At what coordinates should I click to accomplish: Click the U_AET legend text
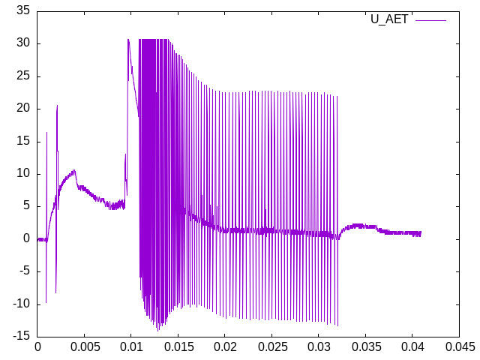389,19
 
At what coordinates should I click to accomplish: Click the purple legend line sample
430,20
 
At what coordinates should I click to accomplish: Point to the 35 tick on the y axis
22,10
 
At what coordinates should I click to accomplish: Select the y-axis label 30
22,43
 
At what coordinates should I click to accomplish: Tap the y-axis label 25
22,76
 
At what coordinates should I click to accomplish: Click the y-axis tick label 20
22,108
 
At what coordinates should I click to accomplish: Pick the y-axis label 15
22,141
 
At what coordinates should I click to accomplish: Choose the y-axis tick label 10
22,173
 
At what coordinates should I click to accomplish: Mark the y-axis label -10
20,304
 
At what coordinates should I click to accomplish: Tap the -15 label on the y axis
20,336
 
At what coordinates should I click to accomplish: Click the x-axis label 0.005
84,346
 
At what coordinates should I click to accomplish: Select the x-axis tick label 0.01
131,346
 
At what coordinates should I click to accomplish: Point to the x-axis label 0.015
178,346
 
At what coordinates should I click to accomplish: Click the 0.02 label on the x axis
225,346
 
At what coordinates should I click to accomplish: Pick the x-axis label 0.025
271,346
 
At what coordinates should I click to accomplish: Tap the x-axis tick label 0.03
319,346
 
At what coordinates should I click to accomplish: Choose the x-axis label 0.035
365,346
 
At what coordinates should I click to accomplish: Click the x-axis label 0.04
412,346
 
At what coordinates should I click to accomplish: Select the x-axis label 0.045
459,346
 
